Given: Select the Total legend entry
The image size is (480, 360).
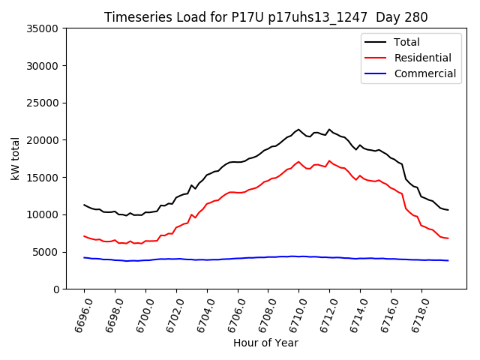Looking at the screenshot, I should tap(406, 42).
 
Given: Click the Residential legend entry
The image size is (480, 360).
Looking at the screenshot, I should tap(422, 58).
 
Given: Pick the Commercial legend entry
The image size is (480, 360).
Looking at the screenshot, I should tap(424, 73).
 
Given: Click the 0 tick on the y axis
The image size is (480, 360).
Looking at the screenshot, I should tap(55, 289).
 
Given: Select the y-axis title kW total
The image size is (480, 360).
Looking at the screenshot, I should tap(15, 158).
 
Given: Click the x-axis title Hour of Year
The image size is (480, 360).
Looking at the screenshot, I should tap(265, 343).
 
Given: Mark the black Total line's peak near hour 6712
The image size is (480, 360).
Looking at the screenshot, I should tap(329, 129).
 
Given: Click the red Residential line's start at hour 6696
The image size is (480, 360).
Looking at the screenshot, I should tap(85, 236).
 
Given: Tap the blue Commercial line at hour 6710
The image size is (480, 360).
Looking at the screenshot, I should tap(298, 256).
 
